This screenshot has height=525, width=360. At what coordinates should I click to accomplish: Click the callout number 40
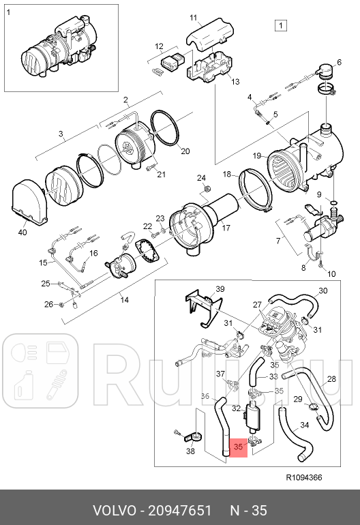click(x=22, y=232)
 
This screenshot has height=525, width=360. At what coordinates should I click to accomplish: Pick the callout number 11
click(x=193, y=17)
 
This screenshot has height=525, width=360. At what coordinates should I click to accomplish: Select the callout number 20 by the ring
click(x=185, y=151)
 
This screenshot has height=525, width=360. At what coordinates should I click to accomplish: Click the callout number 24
click(x=201, y=178)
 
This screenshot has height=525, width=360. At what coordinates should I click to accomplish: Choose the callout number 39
click(x=220, y=290)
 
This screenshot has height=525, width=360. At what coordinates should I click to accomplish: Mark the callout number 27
click(x=257, y=304)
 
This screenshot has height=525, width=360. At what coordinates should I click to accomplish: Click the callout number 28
click(x=331, y=379)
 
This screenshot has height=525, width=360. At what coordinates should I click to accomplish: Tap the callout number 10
click(x=332, y=274)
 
